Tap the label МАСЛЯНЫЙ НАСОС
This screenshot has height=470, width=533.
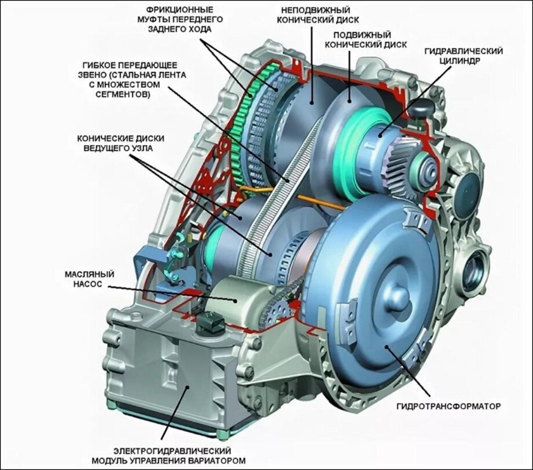89,279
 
